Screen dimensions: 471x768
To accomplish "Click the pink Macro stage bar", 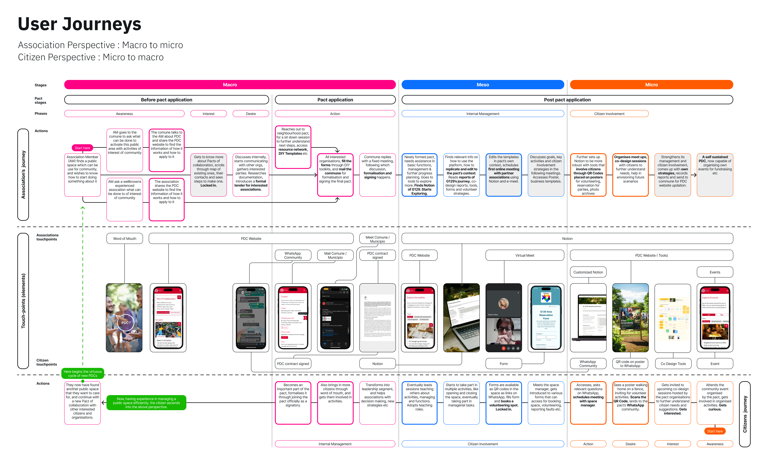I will coord(230,85).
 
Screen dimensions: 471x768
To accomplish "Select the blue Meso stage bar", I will coord(482,85).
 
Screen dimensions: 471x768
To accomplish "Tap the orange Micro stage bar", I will coord(651,85).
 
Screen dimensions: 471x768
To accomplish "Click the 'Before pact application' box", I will coord(166,100).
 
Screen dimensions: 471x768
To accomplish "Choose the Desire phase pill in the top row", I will coord(251,114).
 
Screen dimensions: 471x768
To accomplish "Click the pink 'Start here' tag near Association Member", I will coord(82,148).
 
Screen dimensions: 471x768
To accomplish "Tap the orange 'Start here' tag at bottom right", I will coord(715,431).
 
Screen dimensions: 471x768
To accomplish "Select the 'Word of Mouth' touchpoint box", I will coord(124,239).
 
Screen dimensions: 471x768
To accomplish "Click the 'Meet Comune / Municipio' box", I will coord(377,239).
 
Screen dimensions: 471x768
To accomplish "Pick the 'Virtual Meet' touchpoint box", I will coord(525,255).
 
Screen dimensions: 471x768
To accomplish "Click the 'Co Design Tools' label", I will coord(673,364).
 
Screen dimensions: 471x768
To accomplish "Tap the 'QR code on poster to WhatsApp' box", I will coord(630,364).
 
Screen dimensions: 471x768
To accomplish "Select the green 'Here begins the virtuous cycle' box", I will coord(82,373).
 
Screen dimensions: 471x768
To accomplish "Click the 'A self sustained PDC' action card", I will coord(715,175).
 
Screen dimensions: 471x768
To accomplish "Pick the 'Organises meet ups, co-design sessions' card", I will coord(630,175).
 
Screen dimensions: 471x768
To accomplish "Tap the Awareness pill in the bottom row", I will coord(715,444).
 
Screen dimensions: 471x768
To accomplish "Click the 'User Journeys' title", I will coord(80,24).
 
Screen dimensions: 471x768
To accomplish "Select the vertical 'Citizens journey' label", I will coord(745,414).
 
